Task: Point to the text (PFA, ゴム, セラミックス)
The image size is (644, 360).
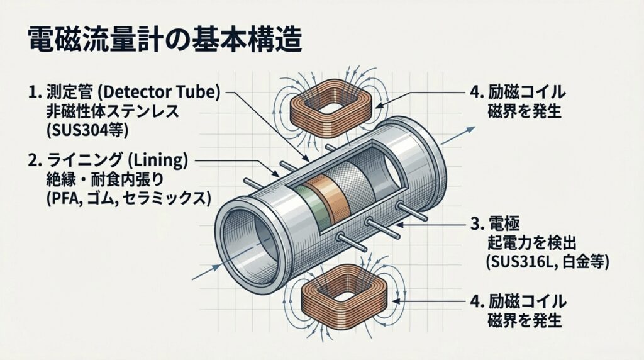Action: tap(119, 200)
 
